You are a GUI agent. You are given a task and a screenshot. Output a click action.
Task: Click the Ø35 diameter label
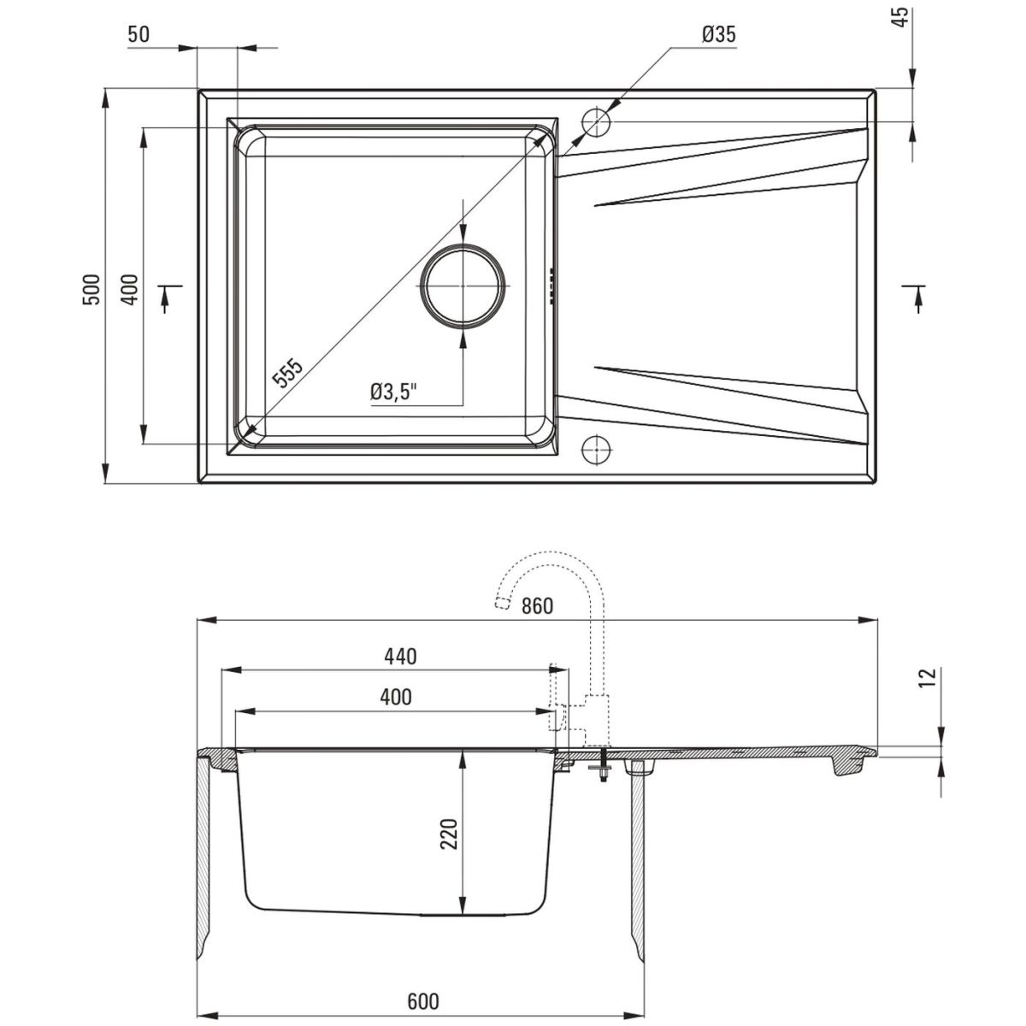pos(719,34)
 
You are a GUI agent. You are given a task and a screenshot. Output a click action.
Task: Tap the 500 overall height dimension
pos(92,289)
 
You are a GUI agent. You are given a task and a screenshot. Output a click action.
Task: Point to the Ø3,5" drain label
pos(393,392)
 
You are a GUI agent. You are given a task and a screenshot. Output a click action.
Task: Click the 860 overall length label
pos(537,606)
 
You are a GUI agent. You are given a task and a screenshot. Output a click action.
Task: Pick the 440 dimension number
pos(400,657)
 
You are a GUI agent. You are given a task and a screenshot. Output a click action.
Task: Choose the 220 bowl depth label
pos(450,834)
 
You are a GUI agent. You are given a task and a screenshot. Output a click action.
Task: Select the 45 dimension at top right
pos(901,17)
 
